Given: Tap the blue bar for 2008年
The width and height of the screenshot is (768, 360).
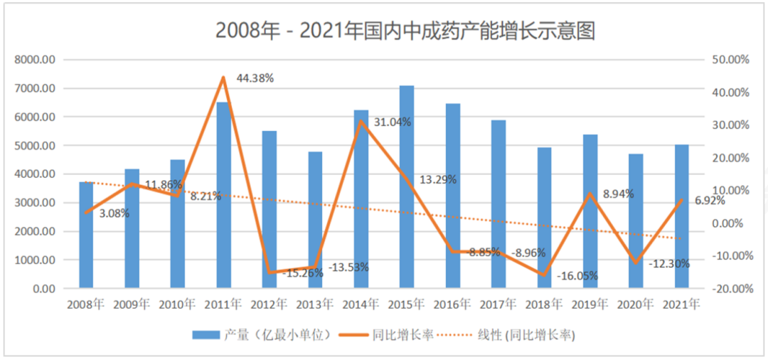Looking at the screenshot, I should click(x=86, y=235).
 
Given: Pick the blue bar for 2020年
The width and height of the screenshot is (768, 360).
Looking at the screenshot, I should click(x=636, y=221).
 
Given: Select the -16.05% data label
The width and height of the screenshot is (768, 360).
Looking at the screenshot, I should click(x=577, y=276).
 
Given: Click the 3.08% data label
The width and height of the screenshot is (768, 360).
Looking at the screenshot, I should click(x=114, y=213).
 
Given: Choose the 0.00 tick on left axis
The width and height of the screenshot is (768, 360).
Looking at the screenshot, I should click(x=45, y=289).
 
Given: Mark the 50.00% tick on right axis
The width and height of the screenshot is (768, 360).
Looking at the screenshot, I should click(x=730, y=60).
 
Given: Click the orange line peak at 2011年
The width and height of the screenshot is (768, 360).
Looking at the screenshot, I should click(x=223, y=78).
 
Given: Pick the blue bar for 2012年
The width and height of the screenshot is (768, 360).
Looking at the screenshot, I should click(x=270, y=210).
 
